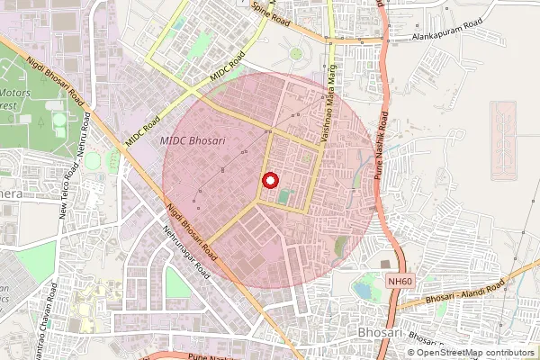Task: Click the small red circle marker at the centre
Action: (x=269, y=180)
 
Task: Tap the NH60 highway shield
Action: (x=400, y=282)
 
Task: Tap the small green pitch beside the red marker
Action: (x=284, y=195)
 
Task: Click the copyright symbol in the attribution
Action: (x=411, y=353)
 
